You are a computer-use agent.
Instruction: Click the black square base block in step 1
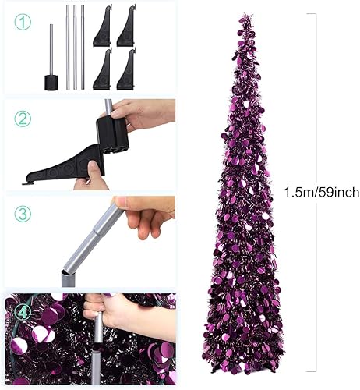pos(51,81)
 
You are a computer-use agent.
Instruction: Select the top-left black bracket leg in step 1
pos(104,27)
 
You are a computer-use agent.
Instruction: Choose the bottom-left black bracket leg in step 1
pos(104,70)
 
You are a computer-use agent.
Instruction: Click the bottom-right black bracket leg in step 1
pos(126,70)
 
